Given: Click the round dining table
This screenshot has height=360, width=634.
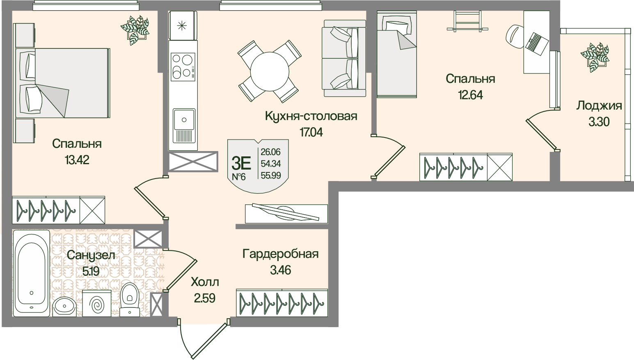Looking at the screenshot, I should tap(270, 71).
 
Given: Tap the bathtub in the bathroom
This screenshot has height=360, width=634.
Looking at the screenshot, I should tap(32, 273).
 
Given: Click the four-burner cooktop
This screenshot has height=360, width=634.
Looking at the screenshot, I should tap(183, 66).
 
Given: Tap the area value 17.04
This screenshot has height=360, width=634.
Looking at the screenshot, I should tap(311, 132).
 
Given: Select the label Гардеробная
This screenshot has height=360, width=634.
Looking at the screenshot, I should tap(280, 254).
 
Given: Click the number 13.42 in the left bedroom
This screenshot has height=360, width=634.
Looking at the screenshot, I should tap(77, 160).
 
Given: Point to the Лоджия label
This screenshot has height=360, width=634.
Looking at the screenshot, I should tap(599, 105).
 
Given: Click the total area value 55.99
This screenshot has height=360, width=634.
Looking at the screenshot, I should tap(271, 175).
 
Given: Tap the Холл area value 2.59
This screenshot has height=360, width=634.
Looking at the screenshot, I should tap(205, 298).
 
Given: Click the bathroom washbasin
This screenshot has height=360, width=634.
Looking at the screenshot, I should tap(64, 306).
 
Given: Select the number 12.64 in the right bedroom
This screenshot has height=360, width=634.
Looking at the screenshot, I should tap(470, 95).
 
